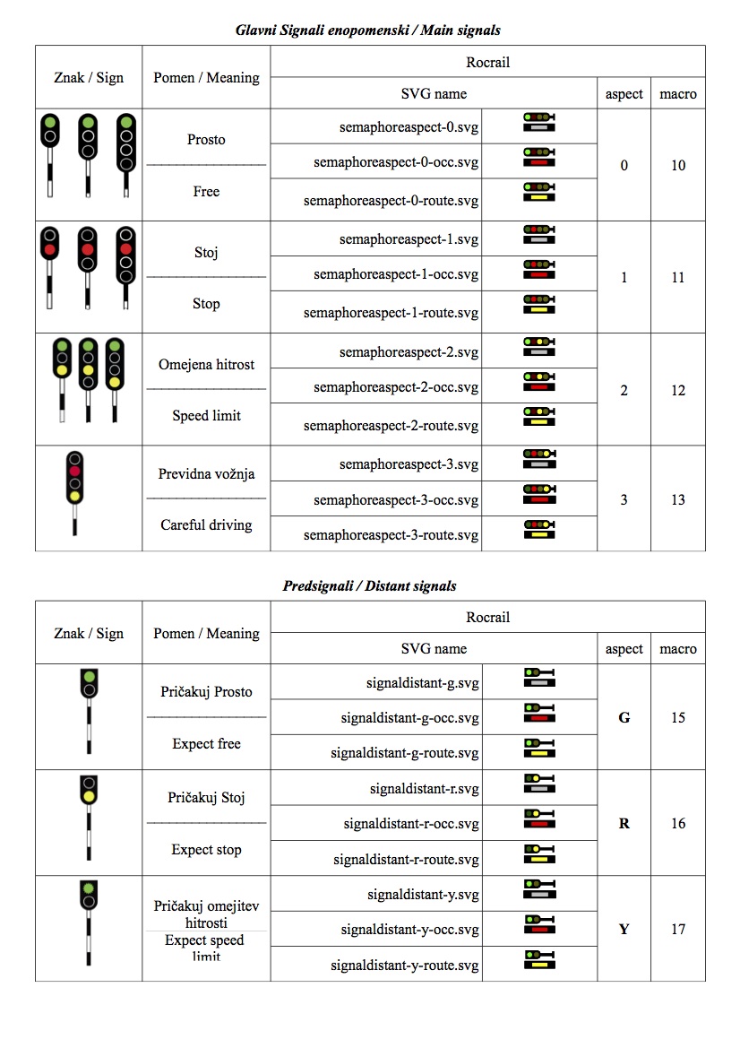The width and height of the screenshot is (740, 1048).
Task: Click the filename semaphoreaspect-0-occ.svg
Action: pos(396,162)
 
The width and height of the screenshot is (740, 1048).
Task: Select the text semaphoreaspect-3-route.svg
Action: pos(391,535)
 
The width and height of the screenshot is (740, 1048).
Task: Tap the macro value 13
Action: pos(677,499)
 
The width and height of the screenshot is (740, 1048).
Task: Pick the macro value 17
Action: pos(677,929)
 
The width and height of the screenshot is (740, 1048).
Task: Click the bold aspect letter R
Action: pos(624,823)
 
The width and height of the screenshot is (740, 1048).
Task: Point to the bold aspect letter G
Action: pos(624,717)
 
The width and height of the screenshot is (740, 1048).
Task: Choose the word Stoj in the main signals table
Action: pos(206,252)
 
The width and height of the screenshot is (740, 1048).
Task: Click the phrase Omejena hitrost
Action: pos(206,365)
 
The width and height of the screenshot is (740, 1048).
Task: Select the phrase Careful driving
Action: pos(206,525)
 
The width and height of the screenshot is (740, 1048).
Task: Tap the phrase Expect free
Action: pos(206,744)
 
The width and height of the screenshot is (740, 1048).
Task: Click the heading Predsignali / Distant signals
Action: pos(369,586)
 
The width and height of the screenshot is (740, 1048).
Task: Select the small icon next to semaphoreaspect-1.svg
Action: pos(539,235)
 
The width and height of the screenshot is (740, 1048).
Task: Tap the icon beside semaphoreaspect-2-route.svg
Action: pos(539,417)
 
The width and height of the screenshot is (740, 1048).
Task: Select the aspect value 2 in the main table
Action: pos(624,391)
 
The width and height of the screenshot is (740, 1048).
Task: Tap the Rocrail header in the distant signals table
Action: pos(487,618)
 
